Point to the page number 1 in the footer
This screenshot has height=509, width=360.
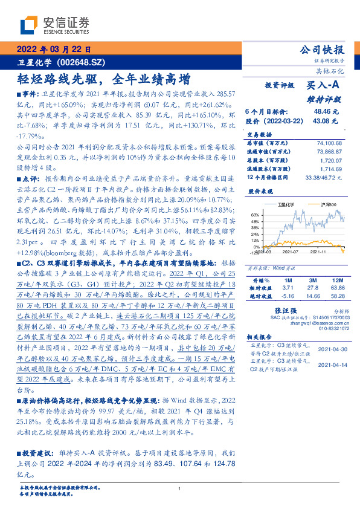tap(180, 488)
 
